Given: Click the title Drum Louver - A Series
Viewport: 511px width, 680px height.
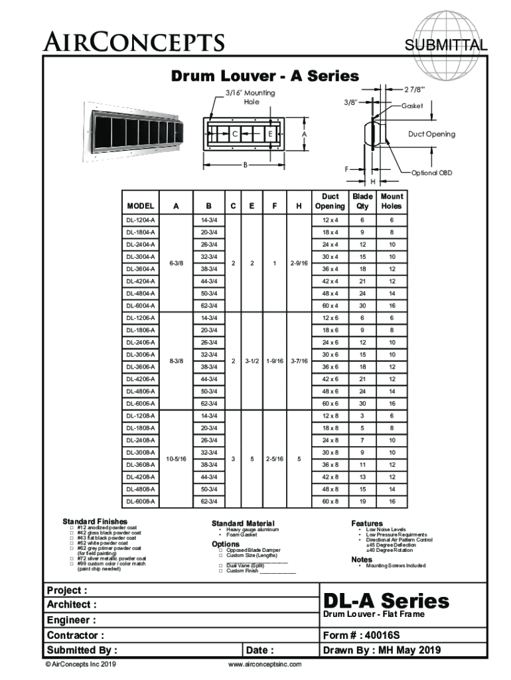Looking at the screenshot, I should coord(265,76).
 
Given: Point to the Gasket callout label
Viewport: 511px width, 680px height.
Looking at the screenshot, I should coord(411,106).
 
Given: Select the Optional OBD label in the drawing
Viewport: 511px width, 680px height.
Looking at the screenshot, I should coord(432,173).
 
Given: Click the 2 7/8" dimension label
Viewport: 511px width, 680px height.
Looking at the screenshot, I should coord(417,89).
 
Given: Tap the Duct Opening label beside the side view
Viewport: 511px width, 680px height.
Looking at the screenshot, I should coord(431,134).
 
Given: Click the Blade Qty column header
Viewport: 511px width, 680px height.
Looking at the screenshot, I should coord(362,201).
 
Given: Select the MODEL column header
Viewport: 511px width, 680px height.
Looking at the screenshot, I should coord(141,206).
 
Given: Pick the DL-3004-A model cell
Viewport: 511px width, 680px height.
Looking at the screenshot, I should coord(141,256).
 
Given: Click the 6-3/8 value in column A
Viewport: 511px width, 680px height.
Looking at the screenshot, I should coord(177,263).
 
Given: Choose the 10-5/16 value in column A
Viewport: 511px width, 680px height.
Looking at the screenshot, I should coord(177,458).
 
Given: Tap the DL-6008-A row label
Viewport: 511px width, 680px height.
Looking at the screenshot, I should coord(141,501).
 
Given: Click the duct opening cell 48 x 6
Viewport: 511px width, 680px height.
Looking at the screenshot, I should coord(330,391).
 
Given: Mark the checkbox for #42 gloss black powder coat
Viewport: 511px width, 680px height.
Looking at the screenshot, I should coord(72,533).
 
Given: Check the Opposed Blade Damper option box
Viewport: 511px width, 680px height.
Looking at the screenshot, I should coord(220,550).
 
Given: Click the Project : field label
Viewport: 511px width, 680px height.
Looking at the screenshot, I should coord(66,590).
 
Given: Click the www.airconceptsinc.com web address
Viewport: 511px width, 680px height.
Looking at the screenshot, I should coord(265,664).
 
